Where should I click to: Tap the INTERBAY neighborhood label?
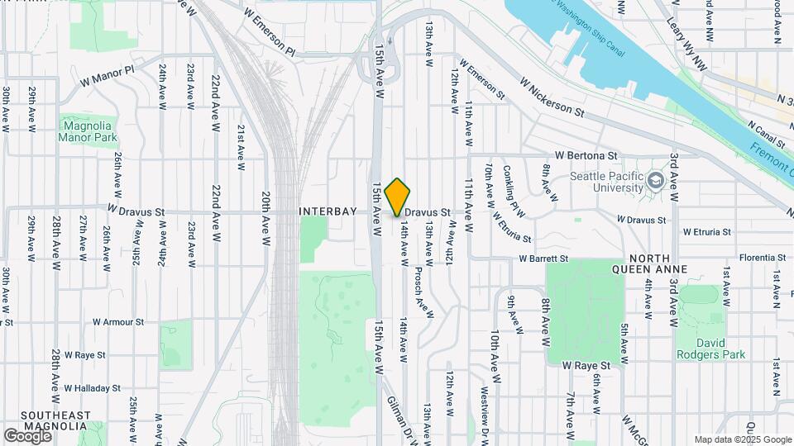coord(328,211)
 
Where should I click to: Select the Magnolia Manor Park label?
coord(88,131)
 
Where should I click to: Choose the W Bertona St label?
coord(586,154)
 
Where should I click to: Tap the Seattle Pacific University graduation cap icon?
coord(656,180)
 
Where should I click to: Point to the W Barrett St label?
coord(547,259)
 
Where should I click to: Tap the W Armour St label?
coord(118,322)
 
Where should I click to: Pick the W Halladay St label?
coord(92,387)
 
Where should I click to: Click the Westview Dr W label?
coord(485,417)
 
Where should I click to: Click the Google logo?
coord(26,435)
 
